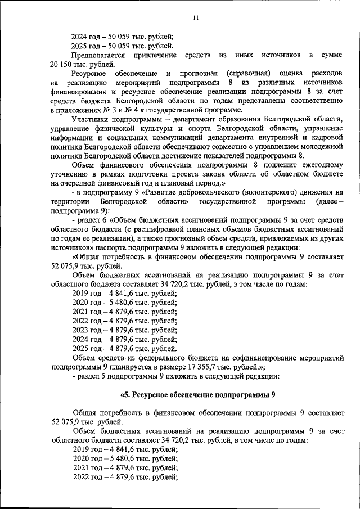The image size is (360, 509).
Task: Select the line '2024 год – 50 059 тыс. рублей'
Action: click(123, 35)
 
